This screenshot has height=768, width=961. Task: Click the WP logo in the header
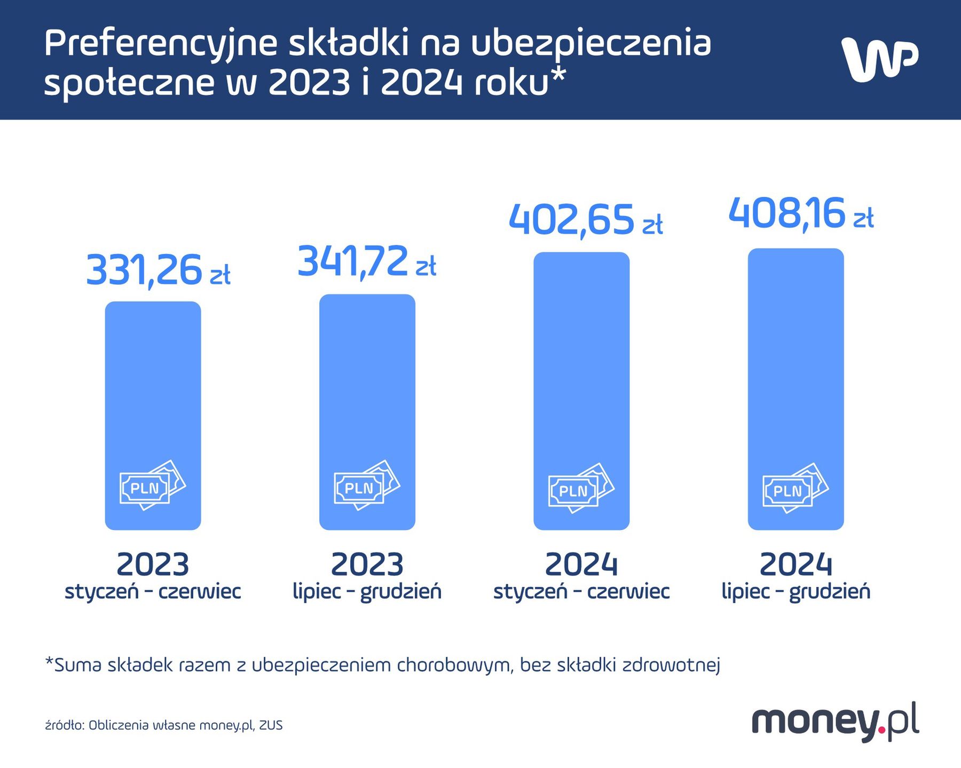click(x=879, y=60)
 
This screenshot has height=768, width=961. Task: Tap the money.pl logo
click(x=835, y=721)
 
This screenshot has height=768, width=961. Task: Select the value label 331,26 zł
click(x=157, y=270)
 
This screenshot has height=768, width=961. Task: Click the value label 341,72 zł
click(x=366, y=262)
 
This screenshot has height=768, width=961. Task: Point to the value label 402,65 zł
click(x=585, y=220)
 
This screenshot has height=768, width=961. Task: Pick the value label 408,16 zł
click(x=800, y=214)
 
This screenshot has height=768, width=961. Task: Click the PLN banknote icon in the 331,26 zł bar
click(x=152, y=486)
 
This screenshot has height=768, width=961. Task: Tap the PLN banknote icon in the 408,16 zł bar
click(x=795, y=489)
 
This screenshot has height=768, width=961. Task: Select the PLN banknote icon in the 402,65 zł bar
click(x=581, y=489)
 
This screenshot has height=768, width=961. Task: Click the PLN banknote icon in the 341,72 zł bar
click(x=367, y=486)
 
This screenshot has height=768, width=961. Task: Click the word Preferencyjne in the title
click(x=160, y=44)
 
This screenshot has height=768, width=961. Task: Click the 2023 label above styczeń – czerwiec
click(x=153, y=564)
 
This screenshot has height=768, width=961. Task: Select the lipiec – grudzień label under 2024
click(x=795, y=591)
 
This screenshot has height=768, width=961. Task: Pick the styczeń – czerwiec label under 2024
click(x=581, y=591)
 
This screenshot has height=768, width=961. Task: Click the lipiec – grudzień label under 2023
click(x=367, y=591)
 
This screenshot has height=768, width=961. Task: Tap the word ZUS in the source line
click(x=271, y=725)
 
